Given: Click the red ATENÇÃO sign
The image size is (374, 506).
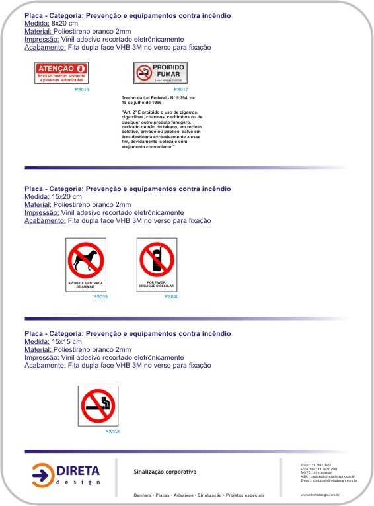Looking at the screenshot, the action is [x=61, y=73].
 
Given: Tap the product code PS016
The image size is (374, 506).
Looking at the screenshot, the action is [x=82, y=89].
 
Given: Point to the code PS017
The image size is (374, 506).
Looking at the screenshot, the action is [x=181, y=89].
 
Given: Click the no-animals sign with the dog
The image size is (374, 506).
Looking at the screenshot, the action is [x=86, y=265].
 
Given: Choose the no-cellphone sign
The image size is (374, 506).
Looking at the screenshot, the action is [x=157, y=265].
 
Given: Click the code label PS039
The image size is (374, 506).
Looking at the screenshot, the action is [x=100, y=297].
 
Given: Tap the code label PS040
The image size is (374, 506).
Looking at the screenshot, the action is [x=171, y=297].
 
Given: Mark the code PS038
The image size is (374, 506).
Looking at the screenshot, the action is [x=112, y=432].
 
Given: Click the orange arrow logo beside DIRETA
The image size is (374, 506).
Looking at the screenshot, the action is [x=43, y=474].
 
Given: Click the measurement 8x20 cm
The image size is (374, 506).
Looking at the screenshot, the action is [x=64, y=23].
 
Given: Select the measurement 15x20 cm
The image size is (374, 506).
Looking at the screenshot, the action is [x=67, y=196].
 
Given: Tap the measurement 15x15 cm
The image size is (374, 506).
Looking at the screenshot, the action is [x=67, y=341].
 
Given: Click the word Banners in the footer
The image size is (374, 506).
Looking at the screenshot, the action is [x=143, y=495].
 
